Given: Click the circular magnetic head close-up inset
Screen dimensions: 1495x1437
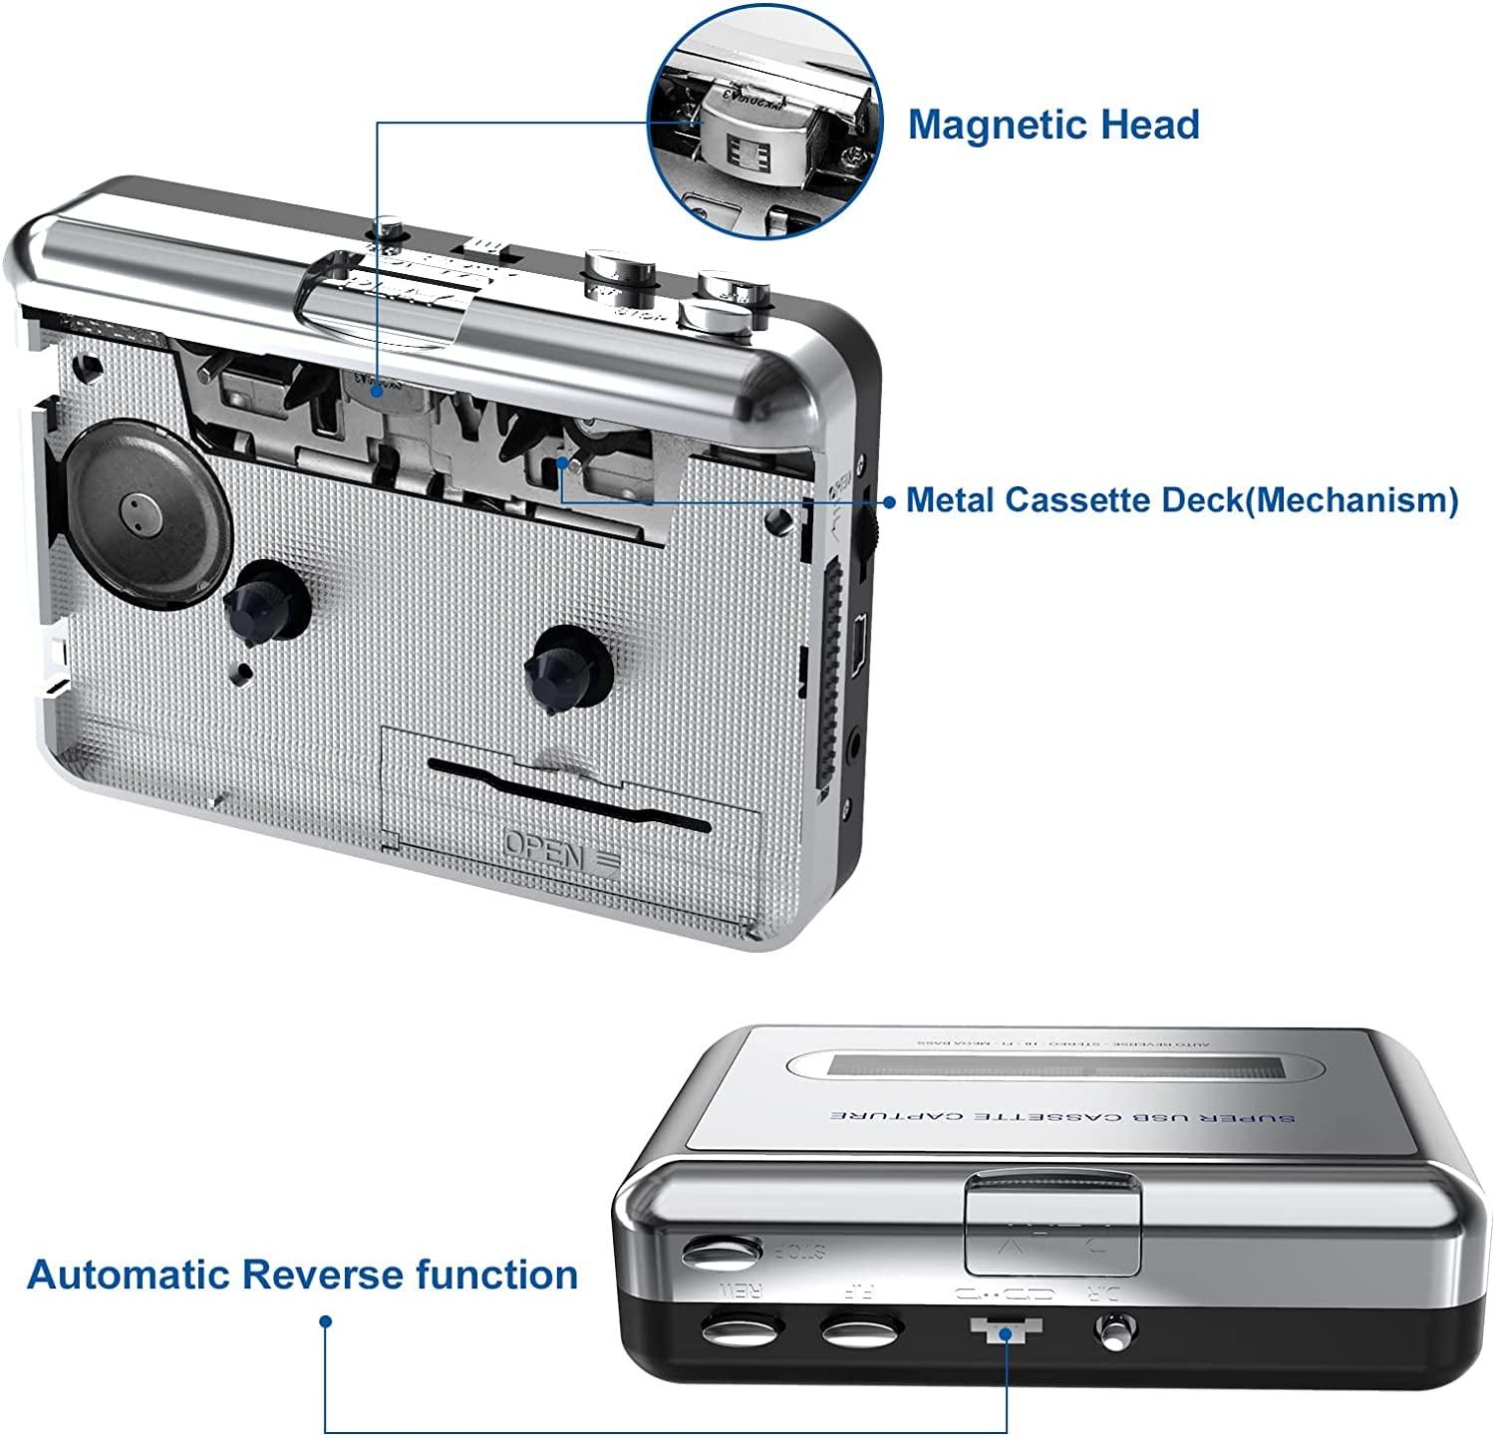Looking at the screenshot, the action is [764, 119].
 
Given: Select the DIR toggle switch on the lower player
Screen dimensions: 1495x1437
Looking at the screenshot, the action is [1115, 1330].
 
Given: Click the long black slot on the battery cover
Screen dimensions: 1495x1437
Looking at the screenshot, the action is [568, 793].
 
